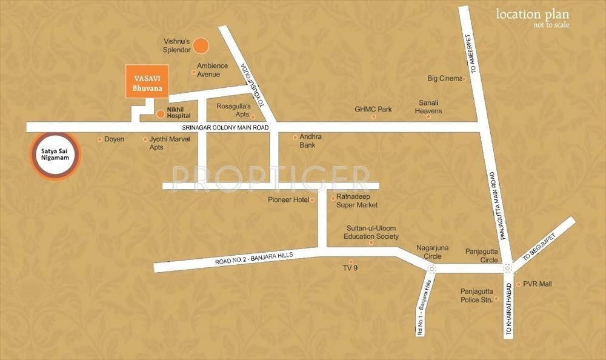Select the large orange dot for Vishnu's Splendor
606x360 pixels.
coord(201,45)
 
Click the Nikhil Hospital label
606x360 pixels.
coord(179,112)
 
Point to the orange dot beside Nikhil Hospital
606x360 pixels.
coord(161,113)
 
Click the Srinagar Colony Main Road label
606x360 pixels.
coord(225,128)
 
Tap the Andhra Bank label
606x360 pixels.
coord(310,141)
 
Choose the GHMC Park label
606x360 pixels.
coord(373,110)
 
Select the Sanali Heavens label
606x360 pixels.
coord(428,107)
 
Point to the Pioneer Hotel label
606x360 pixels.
coord(288,199)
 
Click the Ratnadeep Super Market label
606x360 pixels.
coord(357,201)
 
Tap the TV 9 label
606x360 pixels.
coord(350,267)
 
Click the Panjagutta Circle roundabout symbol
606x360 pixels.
coord(507,267)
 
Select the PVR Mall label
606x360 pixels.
coord(538,283)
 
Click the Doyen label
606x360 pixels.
coord(114,139)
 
